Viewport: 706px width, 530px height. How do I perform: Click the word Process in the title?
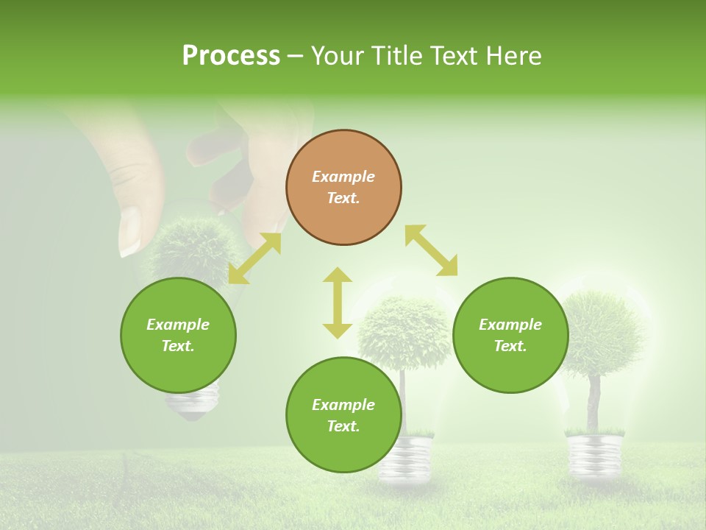(x=231, y=56)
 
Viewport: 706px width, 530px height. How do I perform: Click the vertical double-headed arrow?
(x=338, y=303)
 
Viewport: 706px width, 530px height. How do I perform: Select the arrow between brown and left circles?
(x=254, y=258)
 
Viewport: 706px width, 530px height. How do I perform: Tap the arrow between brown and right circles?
(x=431, y=251)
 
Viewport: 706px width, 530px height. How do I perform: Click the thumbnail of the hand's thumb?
(x=129, y=230)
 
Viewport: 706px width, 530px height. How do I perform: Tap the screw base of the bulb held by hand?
(x=193, y=403)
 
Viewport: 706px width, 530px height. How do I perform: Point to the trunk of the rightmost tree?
(x=594, y=401)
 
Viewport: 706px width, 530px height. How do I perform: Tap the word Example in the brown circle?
(x=343, y=177)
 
